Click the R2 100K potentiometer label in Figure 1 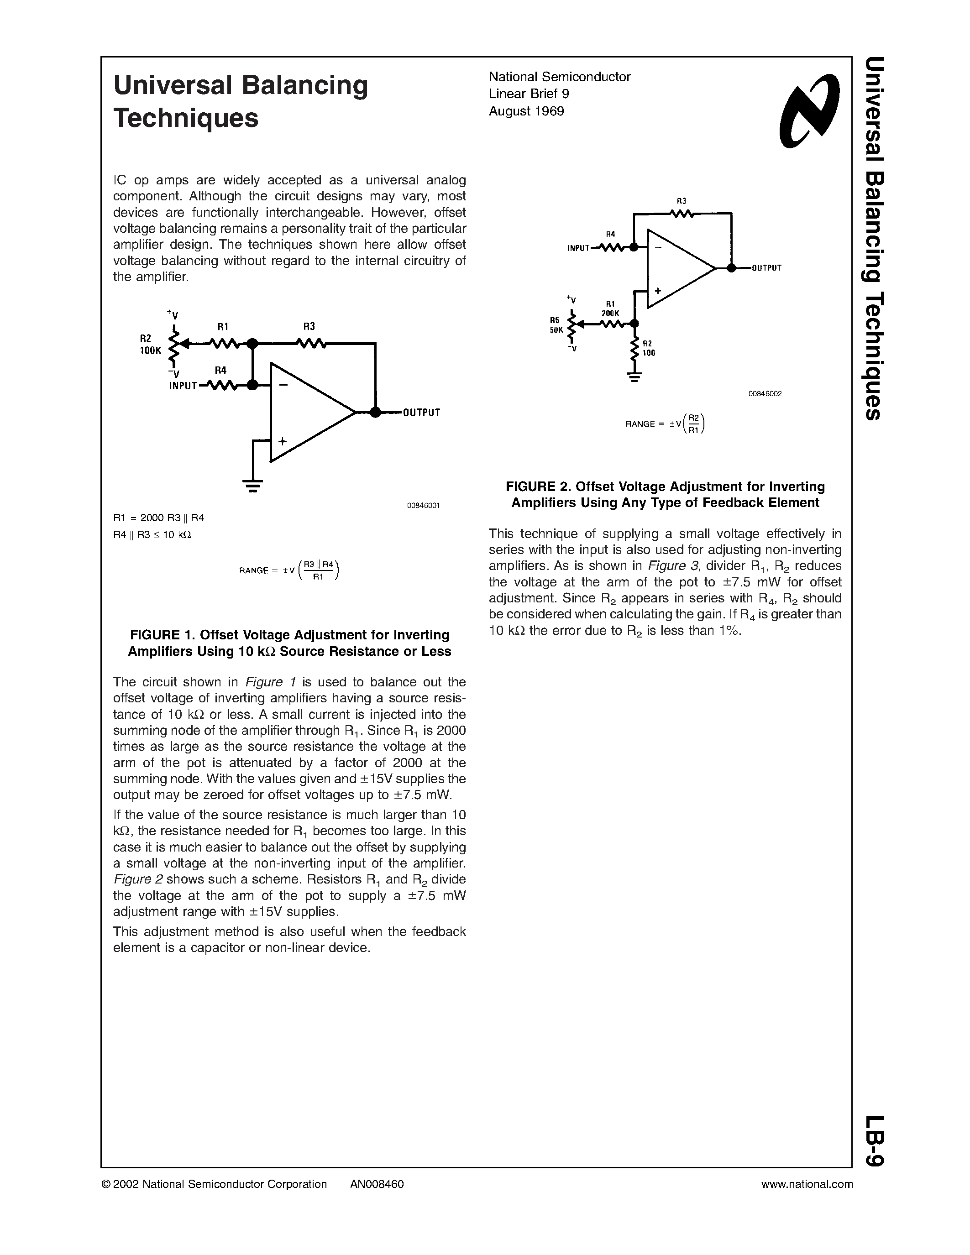click(x=151, y=344)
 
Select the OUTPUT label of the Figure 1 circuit click(x=421, y=413)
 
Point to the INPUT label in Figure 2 click(x=578, y=248)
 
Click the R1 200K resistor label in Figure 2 click(x=610, y=309)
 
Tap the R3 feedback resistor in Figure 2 click(x=682, y=214)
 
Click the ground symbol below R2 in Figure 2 click(x=634, y=377)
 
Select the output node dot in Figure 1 click(x=375, y=412)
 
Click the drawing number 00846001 click(x=423, y=505)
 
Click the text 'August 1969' click(x=526, y=111)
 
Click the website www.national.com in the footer click(x=807, y=1184)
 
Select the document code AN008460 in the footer click(x=377, y=1184)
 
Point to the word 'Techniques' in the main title click(x=186, y=118)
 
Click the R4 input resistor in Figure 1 click(x=221, y=385)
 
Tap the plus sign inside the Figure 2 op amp click(x=657, y=291)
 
